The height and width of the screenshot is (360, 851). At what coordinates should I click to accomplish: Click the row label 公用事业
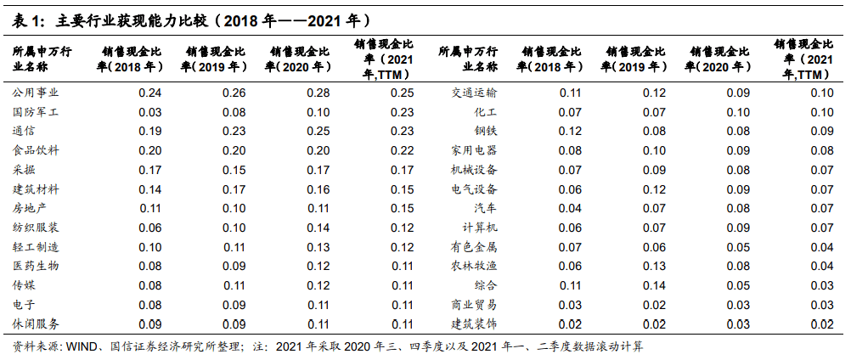click(x=36, y=93)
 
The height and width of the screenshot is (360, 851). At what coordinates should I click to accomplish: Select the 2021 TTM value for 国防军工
click(x=403, y=112)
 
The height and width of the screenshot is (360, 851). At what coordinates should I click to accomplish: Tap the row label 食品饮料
click(x=36, y=151)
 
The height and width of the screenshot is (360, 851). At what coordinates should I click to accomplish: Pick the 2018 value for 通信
click(x=150, y=132)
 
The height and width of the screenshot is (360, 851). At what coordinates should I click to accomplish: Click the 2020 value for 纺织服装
click(x=318, y=228)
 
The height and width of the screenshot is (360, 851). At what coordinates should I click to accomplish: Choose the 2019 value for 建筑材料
click(x=234, y=189)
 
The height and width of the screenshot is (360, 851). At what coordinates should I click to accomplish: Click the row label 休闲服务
click(x=36, y=324)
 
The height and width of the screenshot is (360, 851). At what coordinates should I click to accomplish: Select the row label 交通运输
click(x=473, y=93)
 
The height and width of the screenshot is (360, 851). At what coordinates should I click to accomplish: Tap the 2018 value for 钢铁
click(x=570, y=132)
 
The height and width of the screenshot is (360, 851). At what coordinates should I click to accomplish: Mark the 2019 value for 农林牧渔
click(x=654, y=267)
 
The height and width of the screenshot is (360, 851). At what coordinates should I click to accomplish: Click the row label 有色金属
click(x=473, y=247)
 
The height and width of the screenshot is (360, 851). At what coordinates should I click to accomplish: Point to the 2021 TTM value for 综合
click(x=822, y=286)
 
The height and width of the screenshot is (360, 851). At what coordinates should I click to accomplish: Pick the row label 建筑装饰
click(x=473, y=324)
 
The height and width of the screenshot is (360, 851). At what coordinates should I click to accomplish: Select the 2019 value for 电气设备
click(x=654, y=189)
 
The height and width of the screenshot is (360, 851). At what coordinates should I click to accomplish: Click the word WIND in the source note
click(x=82, y=347)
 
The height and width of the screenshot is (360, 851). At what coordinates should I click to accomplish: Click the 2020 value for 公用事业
click(x=318, y=93)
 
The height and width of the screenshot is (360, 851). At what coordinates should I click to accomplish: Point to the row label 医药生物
click(x=36, y=267)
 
